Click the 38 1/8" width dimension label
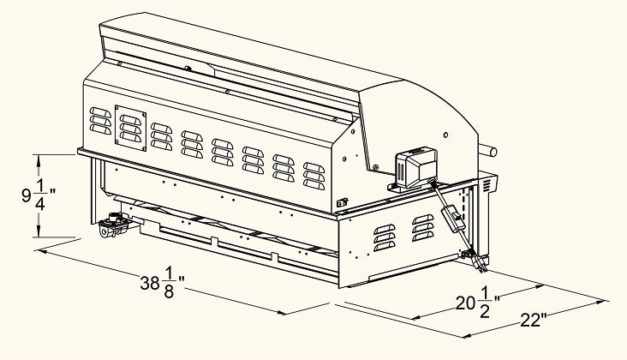[162, 283]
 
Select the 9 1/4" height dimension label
[39, 195]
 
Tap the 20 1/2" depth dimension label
[478, 303]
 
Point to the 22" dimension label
[534, 321]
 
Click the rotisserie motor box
[415, 168]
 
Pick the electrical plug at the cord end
[479, 264]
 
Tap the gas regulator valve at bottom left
[113, 225]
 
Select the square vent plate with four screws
[130, 128]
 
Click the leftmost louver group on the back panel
[100, 121]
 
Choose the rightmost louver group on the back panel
[313, 176]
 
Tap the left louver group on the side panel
[385, 237]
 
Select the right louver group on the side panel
[422, 228]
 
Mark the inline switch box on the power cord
[454, 218]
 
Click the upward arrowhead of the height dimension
[39, 160]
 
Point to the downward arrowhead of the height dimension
[39, 231]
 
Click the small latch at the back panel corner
[342, 203]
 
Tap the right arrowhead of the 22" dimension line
[601, 302]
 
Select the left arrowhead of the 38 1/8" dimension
[43, 252]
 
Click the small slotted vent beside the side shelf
[486, 186]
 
